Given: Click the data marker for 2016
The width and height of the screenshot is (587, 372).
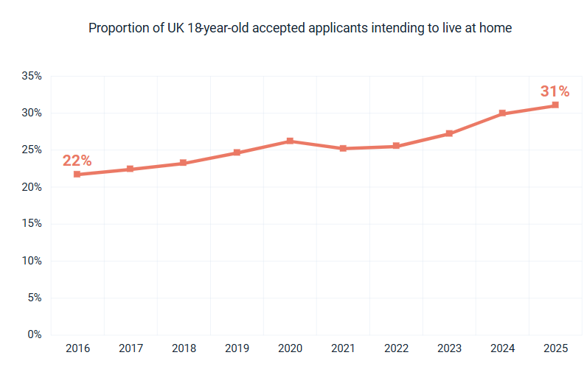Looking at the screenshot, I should tap(77, 175).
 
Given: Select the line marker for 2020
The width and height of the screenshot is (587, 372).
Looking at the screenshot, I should tap(290, 141).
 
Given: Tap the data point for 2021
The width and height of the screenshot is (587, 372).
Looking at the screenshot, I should tap(343, 149).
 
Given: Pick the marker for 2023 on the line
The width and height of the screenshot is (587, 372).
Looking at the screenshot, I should tap(449, 133).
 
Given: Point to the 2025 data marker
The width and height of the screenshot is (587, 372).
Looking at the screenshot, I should tap(555, 105).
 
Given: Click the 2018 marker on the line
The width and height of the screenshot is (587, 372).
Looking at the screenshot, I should tap(184, 163).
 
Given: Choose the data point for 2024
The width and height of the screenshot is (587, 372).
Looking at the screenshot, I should tap(502, 113).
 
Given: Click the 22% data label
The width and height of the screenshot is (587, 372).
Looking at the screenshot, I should tap(77, 161).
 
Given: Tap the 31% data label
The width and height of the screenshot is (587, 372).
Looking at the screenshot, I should tap(555, 91).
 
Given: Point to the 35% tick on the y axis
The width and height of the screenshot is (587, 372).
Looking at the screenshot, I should tap(32, 76).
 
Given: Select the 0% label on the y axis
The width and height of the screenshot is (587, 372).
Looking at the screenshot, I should tap(35, 334).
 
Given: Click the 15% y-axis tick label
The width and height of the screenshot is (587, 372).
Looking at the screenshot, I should tap(32, 224).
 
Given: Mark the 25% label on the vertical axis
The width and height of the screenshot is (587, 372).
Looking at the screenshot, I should tap(32, 150).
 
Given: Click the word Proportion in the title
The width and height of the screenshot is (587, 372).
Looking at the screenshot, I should tap(117, 28).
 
